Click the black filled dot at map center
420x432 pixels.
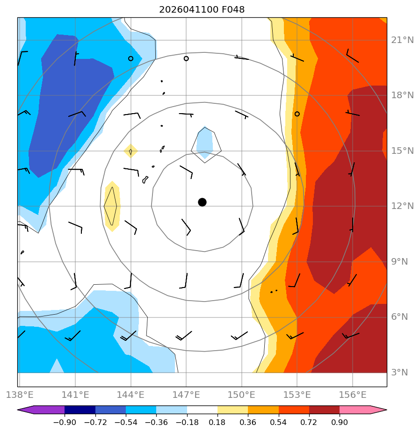coord(203,202)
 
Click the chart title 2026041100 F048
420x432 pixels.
coord(202,10)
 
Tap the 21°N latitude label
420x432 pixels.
coord(402,40)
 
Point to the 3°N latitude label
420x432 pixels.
coord(399,373)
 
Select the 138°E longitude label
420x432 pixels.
coord(20,395)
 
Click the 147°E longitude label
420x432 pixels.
coord(186,395)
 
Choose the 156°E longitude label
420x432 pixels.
coord(353,395)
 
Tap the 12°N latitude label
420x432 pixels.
coord(402,206)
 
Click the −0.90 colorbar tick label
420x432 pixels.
coord(65,422)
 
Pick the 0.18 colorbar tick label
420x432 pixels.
coord(217,422)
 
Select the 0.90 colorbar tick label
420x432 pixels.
coord(340,422)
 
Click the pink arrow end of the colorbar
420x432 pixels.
coord(363,410)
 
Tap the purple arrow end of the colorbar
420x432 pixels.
coord(41,410)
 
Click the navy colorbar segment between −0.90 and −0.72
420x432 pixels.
coord(80,410)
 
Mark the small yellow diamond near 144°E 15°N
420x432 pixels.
coord(130,151)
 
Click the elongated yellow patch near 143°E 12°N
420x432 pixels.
coord(112,206)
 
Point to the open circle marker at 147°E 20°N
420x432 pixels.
coord(186,58)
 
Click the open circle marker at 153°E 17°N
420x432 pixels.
coord(297,114)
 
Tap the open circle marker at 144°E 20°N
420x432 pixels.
coord(130,58)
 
